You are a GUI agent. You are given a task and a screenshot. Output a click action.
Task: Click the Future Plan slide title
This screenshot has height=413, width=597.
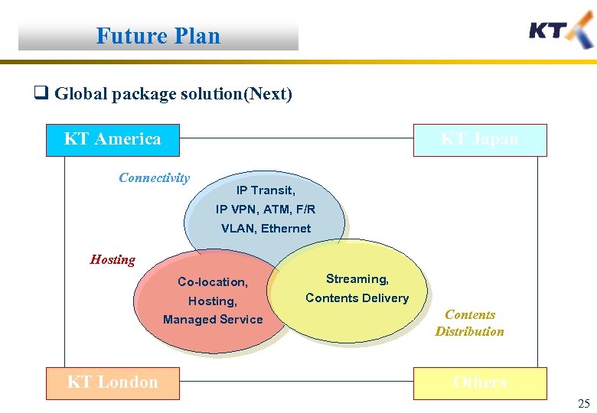158,36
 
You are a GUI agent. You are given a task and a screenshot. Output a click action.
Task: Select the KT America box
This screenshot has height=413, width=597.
113,139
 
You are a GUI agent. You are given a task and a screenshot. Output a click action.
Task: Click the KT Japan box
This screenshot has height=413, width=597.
480,139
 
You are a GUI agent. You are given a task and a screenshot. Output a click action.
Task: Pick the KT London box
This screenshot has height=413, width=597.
113,382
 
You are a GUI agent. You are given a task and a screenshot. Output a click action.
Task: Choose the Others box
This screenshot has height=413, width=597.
480,382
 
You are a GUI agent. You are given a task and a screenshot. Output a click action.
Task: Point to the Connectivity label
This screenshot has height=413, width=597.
154,177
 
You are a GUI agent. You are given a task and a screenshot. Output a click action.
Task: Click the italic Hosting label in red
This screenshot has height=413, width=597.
113,259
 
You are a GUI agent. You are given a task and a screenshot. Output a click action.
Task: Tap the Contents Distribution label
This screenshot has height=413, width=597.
469,323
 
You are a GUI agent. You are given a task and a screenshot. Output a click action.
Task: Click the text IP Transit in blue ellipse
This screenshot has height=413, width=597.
266,190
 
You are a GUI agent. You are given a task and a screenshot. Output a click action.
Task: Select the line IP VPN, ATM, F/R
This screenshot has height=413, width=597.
266,209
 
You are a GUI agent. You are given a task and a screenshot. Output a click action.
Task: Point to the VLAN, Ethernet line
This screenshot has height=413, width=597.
266,228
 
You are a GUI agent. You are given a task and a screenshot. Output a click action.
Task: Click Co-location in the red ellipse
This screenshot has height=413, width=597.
213,282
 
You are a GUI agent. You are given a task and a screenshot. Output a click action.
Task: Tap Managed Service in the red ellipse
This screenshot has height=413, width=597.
213,320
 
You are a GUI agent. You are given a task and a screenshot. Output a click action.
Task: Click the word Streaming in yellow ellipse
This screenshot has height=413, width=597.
357,279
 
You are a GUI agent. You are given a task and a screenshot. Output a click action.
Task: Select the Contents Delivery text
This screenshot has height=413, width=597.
357,298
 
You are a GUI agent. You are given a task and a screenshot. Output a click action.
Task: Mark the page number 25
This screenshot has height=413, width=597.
584,403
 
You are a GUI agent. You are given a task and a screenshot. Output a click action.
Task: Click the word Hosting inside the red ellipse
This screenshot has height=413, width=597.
213,301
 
